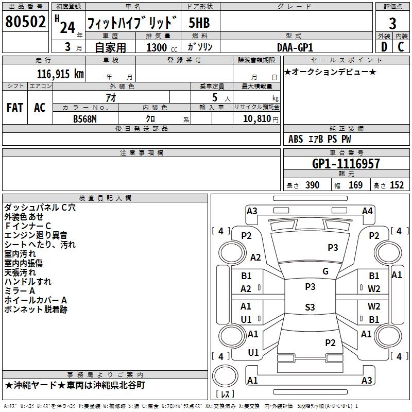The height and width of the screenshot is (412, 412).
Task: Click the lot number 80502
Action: click(x=25, y=22)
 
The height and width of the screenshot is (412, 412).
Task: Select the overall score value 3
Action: click(x=392, y=23)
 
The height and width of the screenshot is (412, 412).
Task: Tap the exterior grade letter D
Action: click(x=384, y=46)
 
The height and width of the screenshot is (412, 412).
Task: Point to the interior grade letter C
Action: click(x=401, y=46)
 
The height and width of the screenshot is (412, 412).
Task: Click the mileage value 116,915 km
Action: click(x=60, y=74)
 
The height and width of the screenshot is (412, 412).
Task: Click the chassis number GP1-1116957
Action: click(x=346, y=164)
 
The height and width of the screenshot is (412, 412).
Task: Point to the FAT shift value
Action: click(x=14, y=107)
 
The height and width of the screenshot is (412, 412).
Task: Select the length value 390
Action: click(x=312, y=185)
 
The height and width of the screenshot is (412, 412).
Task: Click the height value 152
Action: click(x=397, y=185)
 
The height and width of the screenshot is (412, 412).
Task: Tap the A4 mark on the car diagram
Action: click(x=367, y=211)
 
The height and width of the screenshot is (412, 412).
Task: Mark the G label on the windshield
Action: click(x=325, y=271)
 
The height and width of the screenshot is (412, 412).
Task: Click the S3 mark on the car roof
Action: click(x=310, y=307)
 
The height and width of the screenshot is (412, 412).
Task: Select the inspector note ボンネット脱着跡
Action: click(x=36, y=310)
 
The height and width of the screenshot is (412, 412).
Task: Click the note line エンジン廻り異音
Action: click(x=36, y=235)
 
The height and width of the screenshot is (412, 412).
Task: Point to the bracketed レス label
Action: click(x=225, y=394)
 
